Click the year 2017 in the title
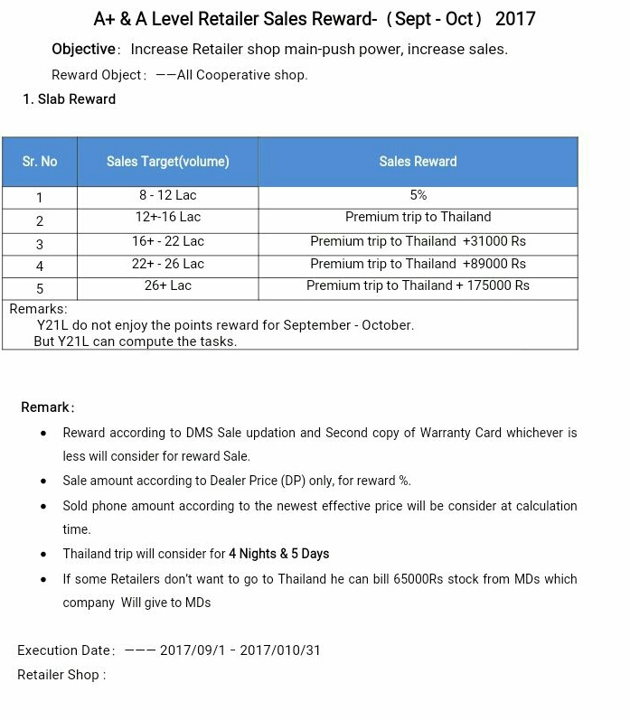tap(515, 19)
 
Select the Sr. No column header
tap(40, 162)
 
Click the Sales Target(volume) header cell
tap(167, 162)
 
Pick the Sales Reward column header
tap(418, 162)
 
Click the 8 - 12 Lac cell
tap(168, 195)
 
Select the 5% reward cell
tap(418, 195)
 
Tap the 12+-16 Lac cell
tap(168, 218)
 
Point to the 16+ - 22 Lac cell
tap(168, 241)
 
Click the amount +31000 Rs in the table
tap(494, 241)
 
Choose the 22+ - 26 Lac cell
tap(168, 264)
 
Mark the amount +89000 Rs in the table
tap(494, 264)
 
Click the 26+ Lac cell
tap(168, 285)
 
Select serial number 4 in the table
tap(40, 266)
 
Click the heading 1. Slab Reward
tap(70, 99)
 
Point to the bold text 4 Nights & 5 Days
tap(278, 554)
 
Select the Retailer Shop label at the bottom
tap(61, 675)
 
